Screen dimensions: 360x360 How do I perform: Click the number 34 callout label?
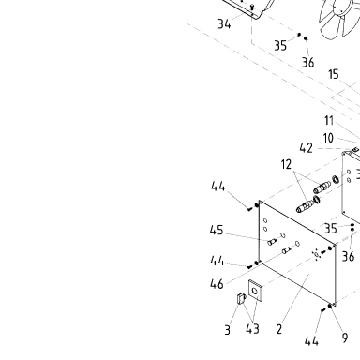tap(224, 23)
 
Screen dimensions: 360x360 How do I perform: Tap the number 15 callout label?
tap(334, 74)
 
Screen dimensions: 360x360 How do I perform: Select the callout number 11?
tap(329, 120)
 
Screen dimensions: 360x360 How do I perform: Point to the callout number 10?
tap(328, 138)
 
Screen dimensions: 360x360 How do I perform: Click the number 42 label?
tap(306, 148)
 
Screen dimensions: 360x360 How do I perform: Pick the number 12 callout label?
tap(286, 164)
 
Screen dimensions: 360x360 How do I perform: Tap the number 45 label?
tap(217, 230)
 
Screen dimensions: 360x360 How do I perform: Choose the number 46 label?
tap(217, 284)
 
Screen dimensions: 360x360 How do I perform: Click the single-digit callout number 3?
tap(228, 330)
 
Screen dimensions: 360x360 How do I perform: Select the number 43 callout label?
tap(252, 329)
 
